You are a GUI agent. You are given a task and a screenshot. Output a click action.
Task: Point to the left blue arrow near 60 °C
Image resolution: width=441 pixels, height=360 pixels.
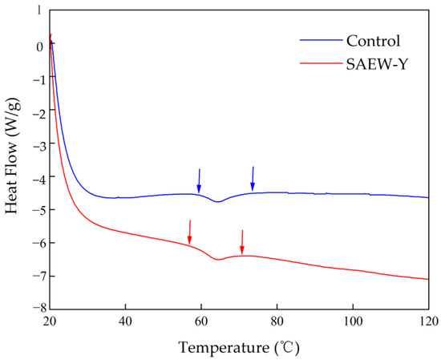tap(200, 180)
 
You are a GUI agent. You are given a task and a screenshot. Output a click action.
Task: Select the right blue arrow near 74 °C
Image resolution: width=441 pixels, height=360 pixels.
tap(253, 178)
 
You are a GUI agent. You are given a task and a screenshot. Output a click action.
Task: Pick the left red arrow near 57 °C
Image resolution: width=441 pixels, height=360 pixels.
tap(190, 232)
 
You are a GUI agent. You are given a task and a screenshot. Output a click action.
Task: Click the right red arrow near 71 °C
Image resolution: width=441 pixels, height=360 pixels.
tap(242, 241)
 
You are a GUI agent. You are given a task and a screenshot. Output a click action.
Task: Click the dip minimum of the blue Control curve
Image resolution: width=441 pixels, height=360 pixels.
tap(217, 202)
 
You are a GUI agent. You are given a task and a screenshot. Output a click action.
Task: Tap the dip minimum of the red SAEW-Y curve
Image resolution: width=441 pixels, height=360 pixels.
tap(217, 260)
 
